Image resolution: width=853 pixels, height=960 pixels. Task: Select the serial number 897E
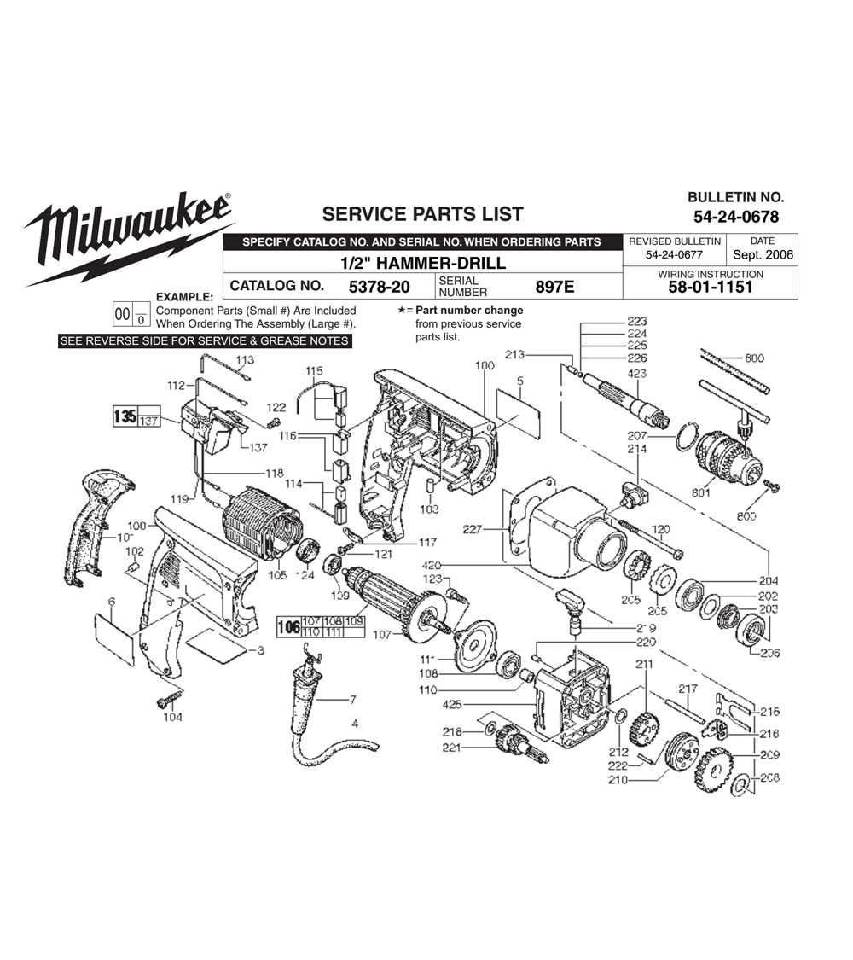coord(554,287)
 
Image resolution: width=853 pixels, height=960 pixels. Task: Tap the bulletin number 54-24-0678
coord(735,217)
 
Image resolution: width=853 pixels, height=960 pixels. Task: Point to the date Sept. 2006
coord(762,254)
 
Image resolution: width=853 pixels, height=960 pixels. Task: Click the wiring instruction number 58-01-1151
coord(711,288)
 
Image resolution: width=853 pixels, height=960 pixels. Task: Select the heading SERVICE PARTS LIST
coord(421,214)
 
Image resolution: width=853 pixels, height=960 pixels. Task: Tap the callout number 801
coord(701,492)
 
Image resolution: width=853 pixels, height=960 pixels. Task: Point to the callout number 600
coord(753,358)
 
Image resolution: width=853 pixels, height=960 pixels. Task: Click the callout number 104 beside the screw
coord(172,718)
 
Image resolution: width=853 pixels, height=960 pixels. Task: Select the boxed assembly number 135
coord(124,417)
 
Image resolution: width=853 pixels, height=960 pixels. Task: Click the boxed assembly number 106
coord(288,628)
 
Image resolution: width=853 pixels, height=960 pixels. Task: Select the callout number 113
coord(245,360)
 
